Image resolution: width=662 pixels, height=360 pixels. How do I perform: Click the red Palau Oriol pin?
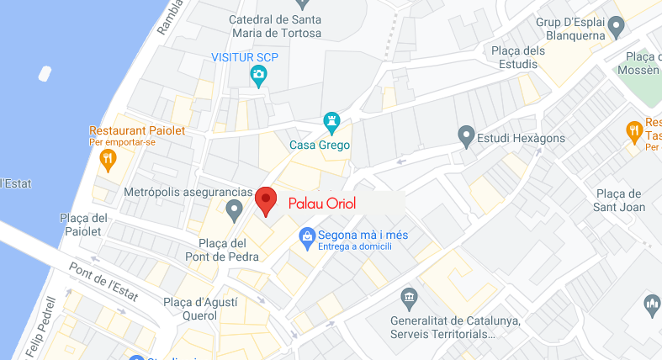[x=267, y=201]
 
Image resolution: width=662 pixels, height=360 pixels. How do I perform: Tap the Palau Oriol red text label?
[x=322, y=204]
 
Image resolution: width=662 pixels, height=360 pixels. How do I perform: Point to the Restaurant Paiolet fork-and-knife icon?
[x=108, y=158]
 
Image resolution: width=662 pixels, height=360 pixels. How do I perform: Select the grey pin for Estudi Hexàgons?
[x=465, y=135]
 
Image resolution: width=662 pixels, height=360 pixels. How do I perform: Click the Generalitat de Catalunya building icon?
[x=409, y=299]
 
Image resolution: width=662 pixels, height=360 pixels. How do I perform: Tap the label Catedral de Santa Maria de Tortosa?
[x=275, y=26]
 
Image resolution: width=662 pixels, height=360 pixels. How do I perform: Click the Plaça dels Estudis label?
[x=518, y=57]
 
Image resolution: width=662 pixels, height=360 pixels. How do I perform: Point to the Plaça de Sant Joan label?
[x=619, y=200]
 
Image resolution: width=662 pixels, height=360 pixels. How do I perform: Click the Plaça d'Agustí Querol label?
[x=200, y=309]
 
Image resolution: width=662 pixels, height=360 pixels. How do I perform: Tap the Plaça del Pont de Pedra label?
[x=217, y=251]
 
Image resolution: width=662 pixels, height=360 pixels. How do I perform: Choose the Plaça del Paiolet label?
[x=81, y=225]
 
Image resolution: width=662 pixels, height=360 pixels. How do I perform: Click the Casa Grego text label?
[x=320, y=146]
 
